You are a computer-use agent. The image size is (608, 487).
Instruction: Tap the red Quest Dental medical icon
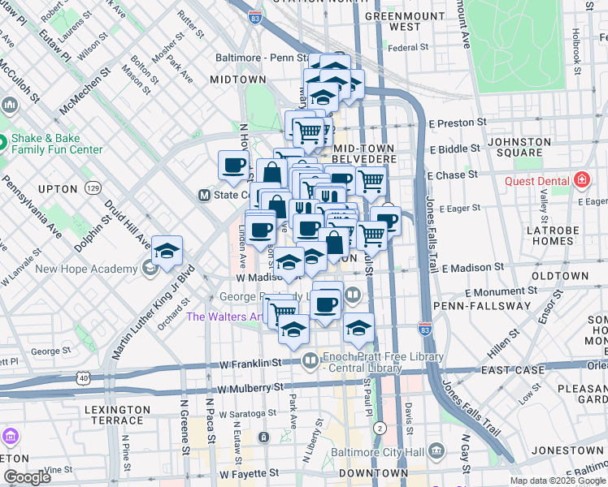(581, 180)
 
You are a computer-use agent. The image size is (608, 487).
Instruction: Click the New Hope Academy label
(86, 269)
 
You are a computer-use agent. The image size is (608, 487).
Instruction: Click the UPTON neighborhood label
(57, 188)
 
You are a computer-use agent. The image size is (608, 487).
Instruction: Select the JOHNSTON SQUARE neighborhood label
(520, 147)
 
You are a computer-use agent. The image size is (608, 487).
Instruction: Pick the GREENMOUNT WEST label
(393, 21)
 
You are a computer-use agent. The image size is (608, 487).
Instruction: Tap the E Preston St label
(458, 123)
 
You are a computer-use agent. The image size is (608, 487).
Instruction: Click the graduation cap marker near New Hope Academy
(167, 251)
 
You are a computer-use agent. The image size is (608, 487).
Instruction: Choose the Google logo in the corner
(27, 477)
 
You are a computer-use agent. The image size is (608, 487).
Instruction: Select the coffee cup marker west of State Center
(234, 166)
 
